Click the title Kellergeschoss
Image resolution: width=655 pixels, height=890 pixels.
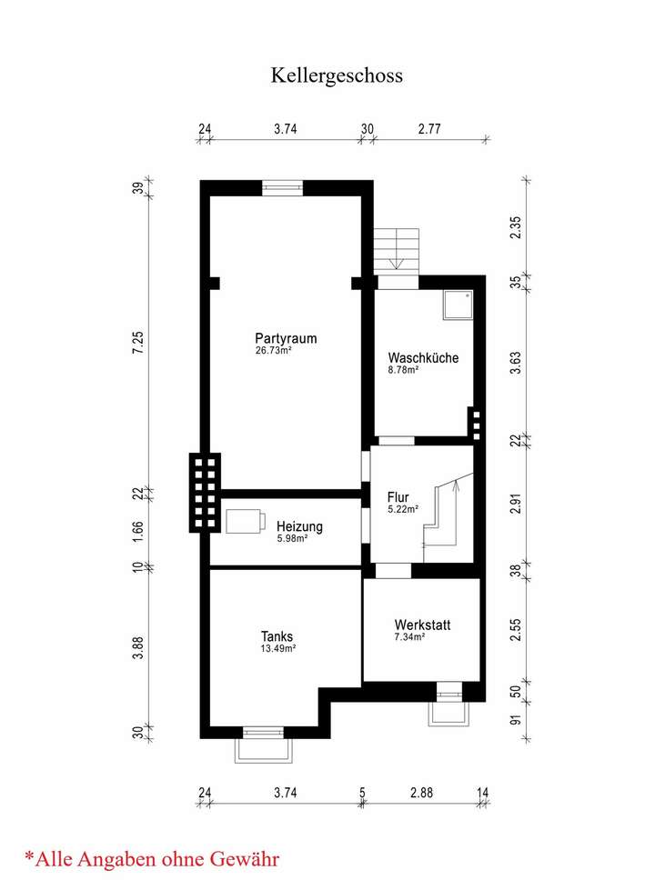pyautogui.click(x=337, y=75)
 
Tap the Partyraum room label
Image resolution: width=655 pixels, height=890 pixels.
pyautogui.click(x=286, y=338)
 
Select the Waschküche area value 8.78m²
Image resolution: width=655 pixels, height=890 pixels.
pyautogui.click(x=403, y=370)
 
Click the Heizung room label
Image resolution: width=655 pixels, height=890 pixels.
pyautogui.click(x=299, y=526)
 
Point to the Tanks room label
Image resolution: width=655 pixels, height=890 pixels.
pyautogui.click(x=276, y=636)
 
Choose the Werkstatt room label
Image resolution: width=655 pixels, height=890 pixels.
pyautogui.click(x=422, y=625)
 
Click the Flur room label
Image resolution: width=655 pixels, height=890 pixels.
pyautogui.click(x=398, y=497)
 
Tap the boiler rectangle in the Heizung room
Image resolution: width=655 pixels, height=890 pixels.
pyautogui.click(x=245, y=522)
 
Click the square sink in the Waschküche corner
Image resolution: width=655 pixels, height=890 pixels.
pyautogui.click(x=457, y=305)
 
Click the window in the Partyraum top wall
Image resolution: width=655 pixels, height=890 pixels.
pyautogui.click(x=282, y=188)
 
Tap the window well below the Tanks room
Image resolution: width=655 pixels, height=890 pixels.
pyautogui.click(x=267, y=747)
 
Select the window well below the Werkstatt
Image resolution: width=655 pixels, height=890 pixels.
pyautogui.click(x=449, y=708)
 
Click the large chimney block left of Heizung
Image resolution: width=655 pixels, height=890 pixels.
pyautogui.click(x=205, y=491)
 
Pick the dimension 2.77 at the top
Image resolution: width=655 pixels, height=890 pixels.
pyautogui.click(x=429, y=130)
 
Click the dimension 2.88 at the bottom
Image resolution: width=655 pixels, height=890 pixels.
pyautogui.click(x=421, y=793)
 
